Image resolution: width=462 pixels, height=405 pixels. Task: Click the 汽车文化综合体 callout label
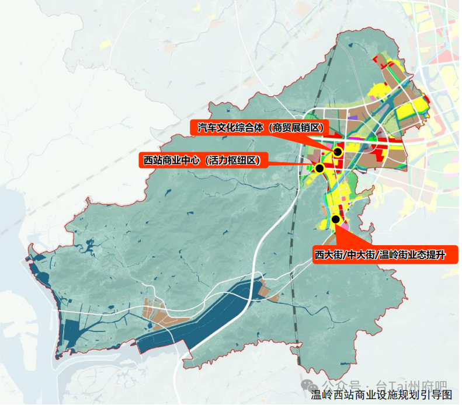point(262,128)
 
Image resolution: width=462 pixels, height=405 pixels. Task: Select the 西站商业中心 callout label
point(202,160)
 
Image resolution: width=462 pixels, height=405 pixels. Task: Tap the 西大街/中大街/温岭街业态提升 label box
point(385,254)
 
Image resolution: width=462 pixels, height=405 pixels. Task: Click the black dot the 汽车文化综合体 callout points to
point(338,152)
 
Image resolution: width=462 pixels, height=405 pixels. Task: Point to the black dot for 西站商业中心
point(319,168)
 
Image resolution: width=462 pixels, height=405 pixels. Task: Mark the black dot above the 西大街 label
point(335,219)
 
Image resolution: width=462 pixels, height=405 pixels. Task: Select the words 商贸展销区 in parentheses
point(300,128)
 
